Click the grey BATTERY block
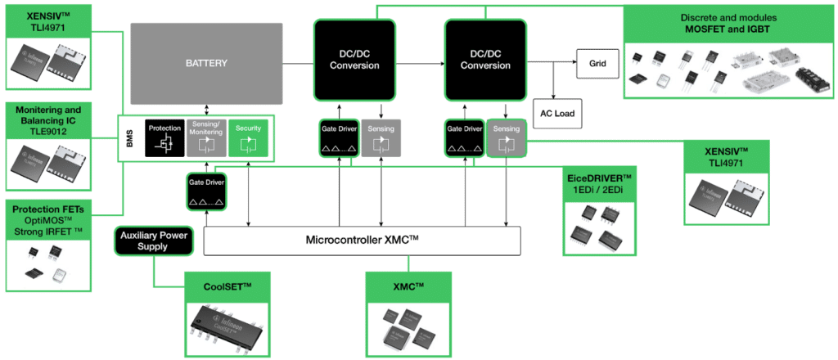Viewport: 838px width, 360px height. tap(205, 62)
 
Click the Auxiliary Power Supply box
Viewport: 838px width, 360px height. tap(155, 240)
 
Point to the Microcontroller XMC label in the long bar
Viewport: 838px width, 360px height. tap(362, 240)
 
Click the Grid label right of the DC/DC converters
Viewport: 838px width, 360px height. tap(599, 61)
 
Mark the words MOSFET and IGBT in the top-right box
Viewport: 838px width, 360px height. tap(726, 30)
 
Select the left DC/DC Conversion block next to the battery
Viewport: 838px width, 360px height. tap(354, 58)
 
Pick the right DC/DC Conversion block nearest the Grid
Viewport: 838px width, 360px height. tap(485, 58)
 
